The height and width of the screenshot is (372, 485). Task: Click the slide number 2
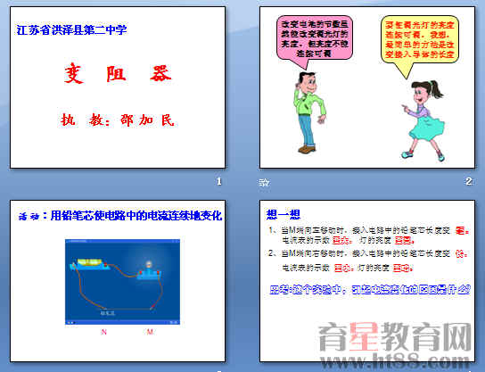click(468, 183)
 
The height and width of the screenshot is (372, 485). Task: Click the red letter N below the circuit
click(104, 332)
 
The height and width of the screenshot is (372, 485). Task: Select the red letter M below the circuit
click(150, 332)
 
